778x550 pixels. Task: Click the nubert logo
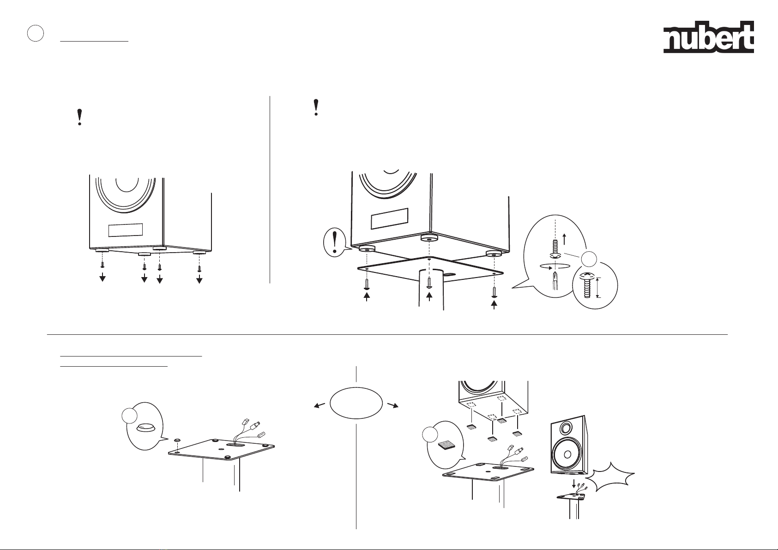[x=709, y=37]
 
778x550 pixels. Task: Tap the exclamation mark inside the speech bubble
[x=335, y=242]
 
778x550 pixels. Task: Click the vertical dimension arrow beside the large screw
[x=598, y=287]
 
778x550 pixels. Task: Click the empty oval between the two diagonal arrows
[x=356, y=403]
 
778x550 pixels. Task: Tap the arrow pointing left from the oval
[x=320, y=405]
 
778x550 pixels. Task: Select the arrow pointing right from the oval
[x=393, y=405]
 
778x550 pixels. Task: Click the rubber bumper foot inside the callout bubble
[x=145, y=428]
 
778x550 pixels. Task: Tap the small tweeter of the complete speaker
[x=566, y=428]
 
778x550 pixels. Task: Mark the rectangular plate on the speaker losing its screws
[x=126, y=230]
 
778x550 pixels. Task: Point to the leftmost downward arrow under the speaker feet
[x=103, y=277]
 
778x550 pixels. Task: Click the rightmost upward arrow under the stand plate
[x=494, y=304]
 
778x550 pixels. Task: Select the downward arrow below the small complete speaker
[x=574, y=484]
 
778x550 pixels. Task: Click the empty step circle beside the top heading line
[x=36, y=33]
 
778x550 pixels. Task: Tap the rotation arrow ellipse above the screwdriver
[x=555, y=266]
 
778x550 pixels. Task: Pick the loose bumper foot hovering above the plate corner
[x=177, y=440]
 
